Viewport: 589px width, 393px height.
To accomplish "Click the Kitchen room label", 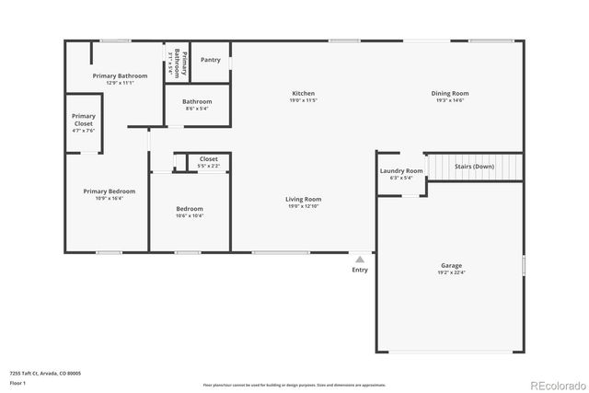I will [x=304, y=94].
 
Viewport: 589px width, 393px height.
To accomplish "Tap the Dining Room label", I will [x=450, y=94].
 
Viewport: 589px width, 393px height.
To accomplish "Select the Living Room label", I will [x=303, y=199].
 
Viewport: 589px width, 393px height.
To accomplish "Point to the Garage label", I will [x=451, y=265].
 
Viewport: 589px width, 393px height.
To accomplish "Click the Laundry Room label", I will [x=401, y=171].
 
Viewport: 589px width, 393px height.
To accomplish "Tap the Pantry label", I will [x=210, y=60].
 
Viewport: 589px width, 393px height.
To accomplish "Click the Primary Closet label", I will [x=84, y=120].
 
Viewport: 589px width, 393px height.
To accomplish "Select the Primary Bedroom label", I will [x=109, y=191].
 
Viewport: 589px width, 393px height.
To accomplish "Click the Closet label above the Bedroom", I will [x=209, y=159].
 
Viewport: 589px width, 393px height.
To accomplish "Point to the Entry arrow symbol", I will [x=360, y=260].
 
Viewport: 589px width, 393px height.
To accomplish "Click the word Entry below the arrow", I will [x=360, y=270].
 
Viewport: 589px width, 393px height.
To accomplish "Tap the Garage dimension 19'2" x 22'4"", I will [x=451, y=272].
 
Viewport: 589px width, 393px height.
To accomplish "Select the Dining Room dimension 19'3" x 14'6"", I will [x=450, y=100].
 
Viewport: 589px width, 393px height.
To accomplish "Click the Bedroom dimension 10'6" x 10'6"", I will [x=190, y=216].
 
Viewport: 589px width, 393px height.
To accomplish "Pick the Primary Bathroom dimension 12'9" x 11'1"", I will [x=120, y=83].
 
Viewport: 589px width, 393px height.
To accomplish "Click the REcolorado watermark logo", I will [x=555, y=385].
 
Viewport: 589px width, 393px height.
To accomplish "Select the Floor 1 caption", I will [x=17, y=383].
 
